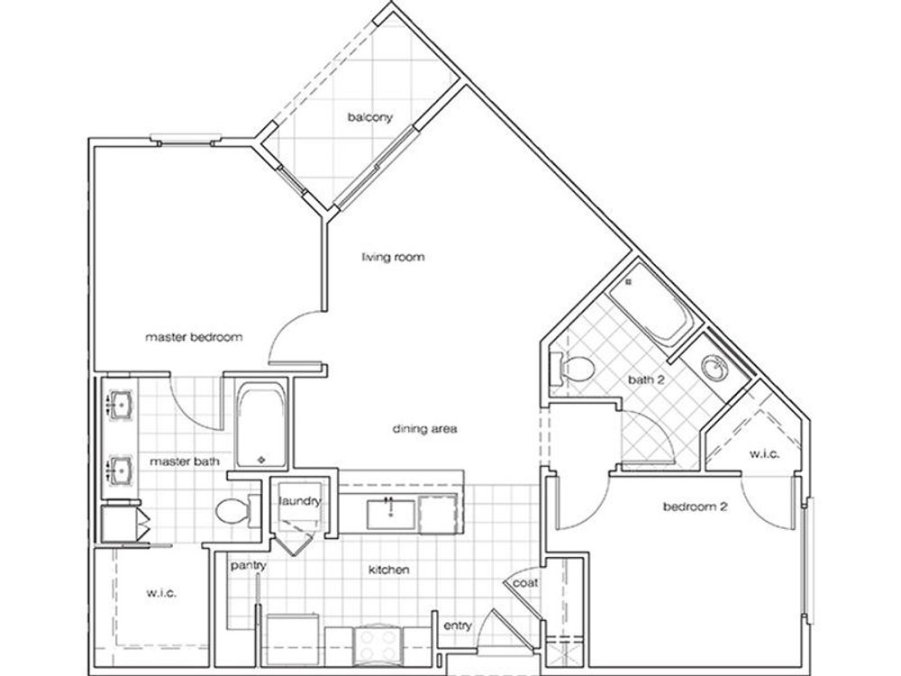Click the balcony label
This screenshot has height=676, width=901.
[370, 117]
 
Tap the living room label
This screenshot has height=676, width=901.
[393, 256]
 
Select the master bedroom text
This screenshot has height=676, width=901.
[194, 337]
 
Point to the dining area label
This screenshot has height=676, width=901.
[424, 429]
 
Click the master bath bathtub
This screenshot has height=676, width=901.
[261, 425]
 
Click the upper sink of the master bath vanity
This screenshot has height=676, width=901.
[122, 404]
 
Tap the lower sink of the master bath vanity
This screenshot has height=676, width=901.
[122, 470]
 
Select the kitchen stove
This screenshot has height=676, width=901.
[378, 644]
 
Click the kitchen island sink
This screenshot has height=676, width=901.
[391, 514]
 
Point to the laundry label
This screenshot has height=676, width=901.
[300, 501]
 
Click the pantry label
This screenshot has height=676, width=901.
[249, 566]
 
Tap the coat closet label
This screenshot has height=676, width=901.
[525, 583]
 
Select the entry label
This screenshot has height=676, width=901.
[458, 626]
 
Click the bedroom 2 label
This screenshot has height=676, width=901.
[696, 507]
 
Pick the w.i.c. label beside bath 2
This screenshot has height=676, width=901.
[764, 454]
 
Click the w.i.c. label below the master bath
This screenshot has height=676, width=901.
[161, 593]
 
